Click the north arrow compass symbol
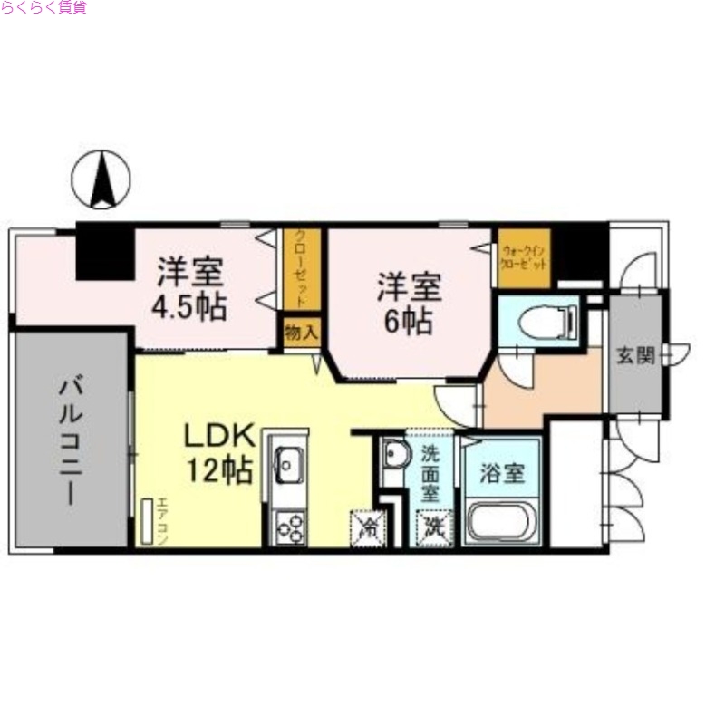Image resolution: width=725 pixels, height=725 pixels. pyautogui.click(x=101, y=179)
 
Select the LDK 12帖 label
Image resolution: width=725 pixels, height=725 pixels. pyautogui.click(x=218, y=453)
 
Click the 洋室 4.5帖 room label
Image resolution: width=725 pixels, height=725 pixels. pyautogui.click(x=189, y=288)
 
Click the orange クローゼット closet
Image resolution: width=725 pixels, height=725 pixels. pyautogui.click(x=295, y=268)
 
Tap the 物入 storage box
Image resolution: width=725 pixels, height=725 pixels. pyautogui.click(x=302, y=333)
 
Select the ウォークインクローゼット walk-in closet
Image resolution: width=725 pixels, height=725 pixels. pyautogui.click(x=524, y=258)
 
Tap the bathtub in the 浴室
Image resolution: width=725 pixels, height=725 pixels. pyautogui.click(x=501, y=523)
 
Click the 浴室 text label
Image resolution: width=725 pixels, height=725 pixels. pyautogui.click(x=502, y=473)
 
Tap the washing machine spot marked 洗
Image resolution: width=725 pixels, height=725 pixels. pyautogui.click(x=432, y=527)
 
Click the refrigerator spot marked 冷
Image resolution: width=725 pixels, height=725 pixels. pyautogui.click(x=367, y=527)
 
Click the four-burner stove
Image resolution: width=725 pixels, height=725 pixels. pyautogui.click(x=290, y=527)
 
